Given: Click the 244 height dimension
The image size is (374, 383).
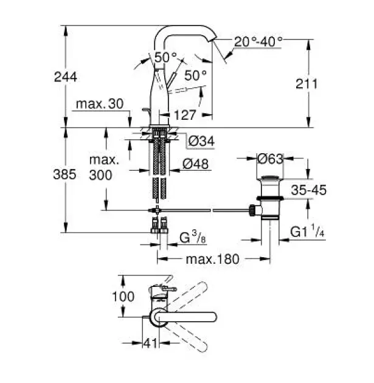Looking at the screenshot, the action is pyautogui.click(x=66, y=77).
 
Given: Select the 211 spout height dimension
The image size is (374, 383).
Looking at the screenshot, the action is pyautogui.click(x=306, y=84).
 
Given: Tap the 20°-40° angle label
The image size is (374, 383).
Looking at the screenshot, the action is pyautogui.click(x=258, y=42).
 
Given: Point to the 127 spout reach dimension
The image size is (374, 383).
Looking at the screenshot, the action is pyautogui.click(x=185, y=115).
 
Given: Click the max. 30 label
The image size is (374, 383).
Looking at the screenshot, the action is pyautogui.click(x=100, y=104).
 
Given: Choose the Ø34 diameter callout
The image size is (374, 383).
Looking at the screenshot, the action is pyautogui.click(x=201, y=141).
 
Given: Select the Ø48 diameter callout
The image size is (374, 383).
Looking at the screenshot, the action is pyautogui.click(x=196, y=164).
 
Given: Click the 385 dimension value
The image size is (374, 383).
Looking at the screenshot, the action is pyautogui.click(x=64, y=174).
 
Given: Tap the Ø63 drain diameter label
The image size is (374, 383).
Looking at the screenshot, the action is pyautogui.click(x=271, y=159).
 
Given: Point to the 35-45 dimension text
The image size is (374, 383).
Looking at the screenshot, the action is pyautogui.click(x=309, y=190).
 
